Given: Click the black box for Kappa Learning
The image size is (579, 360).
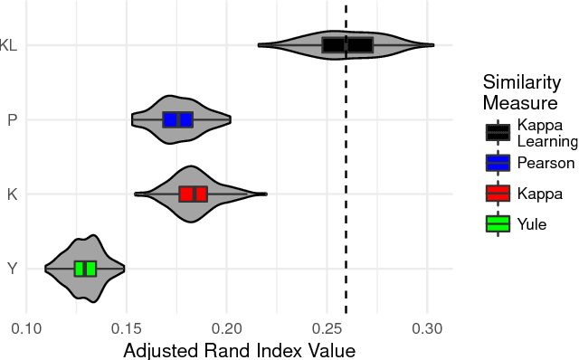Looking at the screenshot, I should tap(347, 45).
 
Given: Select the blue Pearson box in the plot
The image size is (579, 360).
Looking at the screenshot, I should tap(177, 119).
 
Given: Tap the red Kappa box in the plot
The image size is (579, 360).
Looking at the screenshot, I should tap(193, 194).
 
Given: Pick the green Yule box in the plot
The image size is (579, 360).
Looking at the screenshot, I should tap(85, 268).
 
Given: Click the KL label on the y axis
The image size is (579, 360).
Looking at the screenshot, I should tap(8, 45).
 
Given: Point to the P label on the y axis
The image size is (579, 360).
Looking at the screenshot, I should tap(12, 119).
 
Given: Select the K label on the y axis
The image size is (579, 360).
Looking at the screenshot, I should tap(12, 194).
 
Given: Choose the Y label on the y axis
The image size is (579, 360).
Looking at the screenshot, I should tap(12, 268).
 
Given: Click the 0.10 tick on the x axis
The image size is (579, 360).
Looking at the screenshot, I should tap(26, 331).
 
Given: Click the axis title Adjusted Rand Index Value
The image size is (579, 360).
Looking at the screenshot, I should tap(239, 350).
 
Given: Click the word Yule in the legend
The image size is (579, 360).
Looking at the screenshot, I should tap(532, 224).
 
